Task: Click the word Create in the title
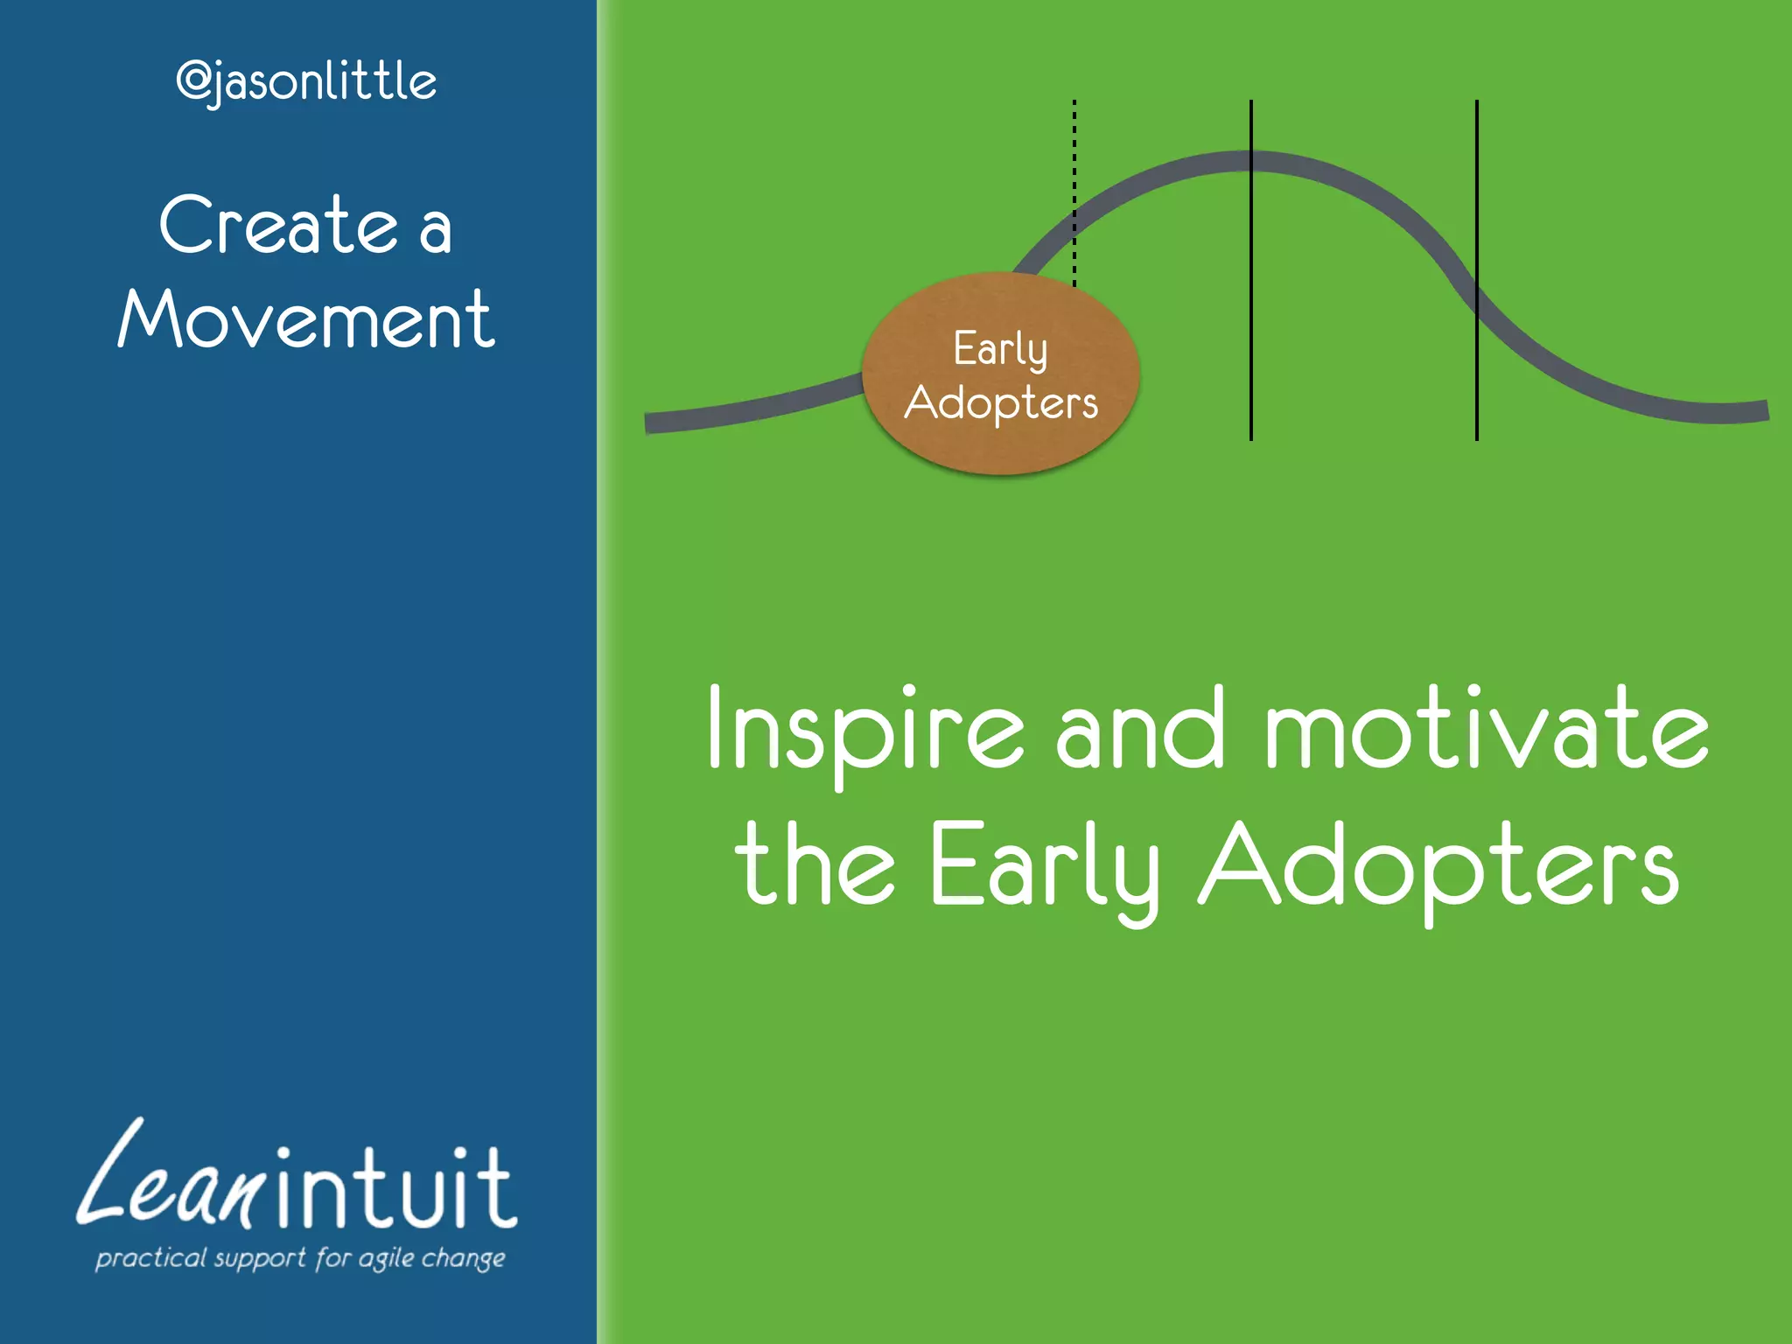point(278,226)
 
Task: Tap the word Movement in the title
point(306,320)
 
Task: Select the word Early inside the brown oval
point(1000,350)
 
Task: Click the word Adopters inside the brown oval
point(1001,403)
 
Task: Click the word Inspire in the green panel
point(864,731)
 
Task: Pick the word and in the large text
point(1139,731)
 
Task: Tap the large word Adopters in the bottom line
point(1438,866)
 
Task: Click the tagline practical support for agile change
point(300,1258)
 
